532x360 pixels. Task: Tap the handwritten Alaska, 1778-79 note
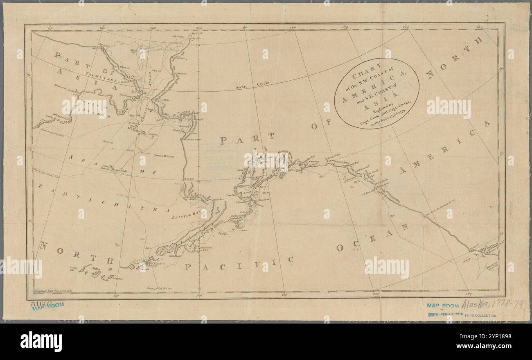pos(491,305)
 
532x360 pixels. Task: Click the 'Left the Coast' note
pos(160,289)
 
